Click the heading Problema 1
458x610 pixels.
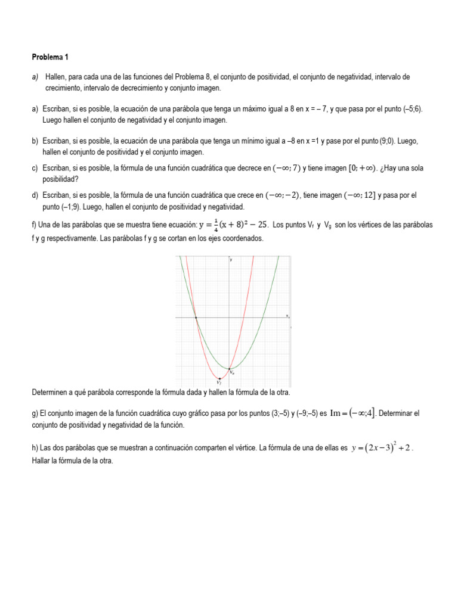pos(50,57)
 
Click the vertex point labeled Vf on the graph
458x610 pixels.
pos(220,378)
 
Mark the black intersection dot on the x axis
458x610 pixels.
pos(196,318)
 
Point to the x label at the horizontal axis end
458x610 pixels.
pos(287,315)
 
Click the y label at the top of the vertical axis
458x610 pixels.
pos(231,260)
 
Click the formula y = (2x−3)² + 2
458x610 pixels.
pos(381,448)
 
